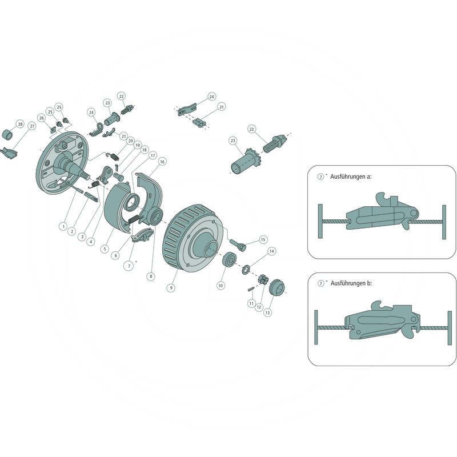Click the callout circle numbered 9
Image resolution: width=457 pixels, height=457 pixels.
pyautogui.click(x=171, y=288)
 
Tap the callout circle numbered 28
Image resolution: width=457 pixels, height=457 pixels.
pyautogui.click(x=20, y=124)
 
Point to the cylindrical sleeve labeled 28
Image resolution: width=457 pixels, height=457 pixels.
pyautogui.click(x=9, y=134)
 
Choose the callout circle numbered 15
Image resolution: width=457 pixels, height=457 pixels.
pyautogui.click(x=263, y=239)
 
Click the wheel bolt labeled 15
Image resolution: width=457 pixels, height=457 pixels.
pyautogui.click(x=238, y=244)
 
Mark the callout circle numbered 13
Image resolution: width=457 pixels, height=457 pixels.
pyautogui.click(x=267, y=312)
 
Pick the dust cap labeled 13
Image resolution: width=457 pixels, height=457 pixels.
pyautogui.click(x=276, y=287)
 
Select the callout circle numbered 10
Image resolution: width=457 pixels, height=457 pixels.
pyautogui.click(x=221, y=286)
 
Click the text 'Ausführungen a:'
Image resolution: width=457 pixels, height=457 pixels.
pyautogui.click(x=351, y=177)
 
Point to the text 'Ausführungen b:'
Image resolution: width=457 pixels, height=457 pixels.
pyautogui.click(x=351, y=283)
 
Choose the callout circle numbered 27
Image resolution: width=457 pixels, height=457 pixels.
pyautogui.click(x=32, y=126)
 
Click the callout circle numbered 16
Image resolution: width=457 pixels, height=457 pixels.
pyautogui.click(x=162, y=162)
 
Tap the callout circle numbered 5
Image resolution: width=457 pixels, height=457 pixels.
pyautogui.click(x=105, y=249)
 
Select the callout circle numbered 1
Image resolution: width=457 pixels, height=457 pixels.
pyautogui.click(x=63, y=226)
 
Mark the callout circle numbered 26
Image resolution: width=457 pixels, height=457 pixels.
pyautogui.click(x=41, y=118)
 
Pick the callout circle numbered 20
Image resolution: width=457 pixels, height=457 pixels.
pyautogui.click(x=131, y=141)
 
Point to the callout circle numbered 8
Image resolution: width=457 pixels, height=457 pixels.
pyautogui.click(x=151, y=276)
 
